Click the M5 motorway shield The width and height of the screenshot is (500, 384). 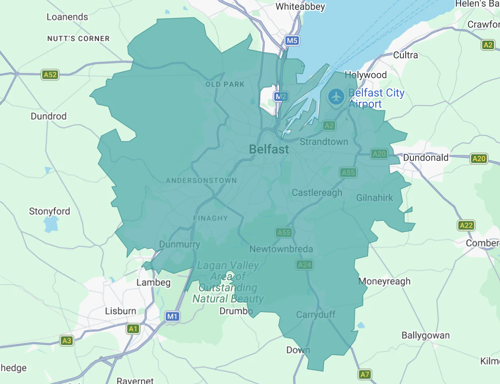point(292,41)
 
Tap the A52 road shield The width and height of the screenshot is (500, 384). point(50,75)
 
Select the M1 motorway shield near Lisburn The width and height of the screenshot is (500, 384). point(172,316)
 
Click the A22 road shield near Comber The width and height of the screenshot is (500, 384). point(466,225)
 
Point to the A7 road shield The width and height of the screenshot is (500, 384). point(364,374)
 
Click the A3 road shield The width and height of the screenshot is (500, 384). point(67,341)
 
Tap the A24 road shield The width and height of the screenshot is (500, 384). point(304,265)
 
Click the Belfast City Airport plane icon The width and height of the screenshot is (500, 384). point(336,97)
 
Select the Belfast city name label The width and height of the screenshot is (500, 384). point(269,149)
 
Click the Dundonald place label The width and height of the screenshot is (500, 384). point(425,158)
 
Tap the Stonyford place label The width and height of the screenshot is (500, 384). point(49,211)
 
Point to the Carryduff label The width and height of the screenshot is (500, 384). point(316,314)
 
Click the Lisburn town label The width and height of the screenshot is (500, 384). point(120,311)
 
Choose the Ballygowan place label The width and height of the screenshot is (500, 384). point(425,335)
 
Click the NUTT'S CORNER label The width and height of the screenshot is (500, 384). point(78,39)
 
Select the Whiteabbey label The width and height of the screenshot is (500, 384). point(300,7)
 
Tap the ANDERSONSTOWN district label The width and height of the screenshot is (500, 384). point(201,180)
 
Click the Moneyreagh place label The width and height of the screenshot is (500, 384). point(384,281)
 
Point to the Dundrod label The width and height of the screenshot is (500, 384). point(48,116)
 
